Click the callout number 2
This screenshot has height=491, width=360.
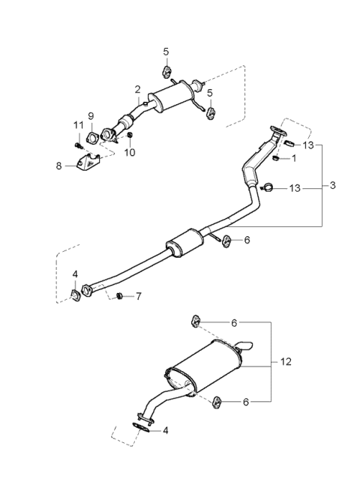pyautogui.click(x=137, y=89)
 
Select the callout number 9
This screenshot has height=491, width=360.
pyautogui.click(x=91, y=116)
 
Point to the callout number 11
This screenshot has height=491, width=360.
pyautogui.click(x=77, y=124)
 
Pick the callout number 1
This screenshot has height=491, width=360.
pyautogui.click(x=294, y=158)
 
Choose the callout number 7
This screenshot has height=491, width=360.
pyautogui.click(x=138, y=296)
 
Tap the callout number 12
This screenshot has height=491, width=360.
pyautogui.click(x=286, y=362)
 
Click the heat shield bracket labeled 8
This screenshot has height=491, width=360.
pyautogui.click(x=88, y=163)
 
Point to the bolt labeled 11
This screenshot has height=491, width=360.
pyautogui.click(x=77, y=144)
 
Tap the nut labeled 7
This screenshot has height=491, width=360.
pyautogui.click(x=119, y=297)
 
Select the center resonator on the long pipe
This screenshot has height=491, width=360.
pyautogui.click(x=184, y=244)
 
